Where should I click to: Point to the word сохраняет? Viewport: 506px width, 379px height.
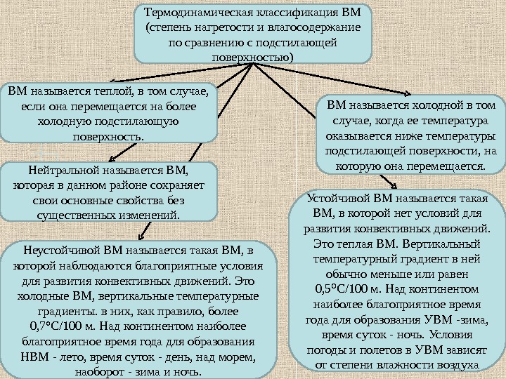click(174, 185)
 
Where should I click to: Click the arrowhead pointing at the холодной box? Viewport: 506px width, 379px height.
click(408, 93)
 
